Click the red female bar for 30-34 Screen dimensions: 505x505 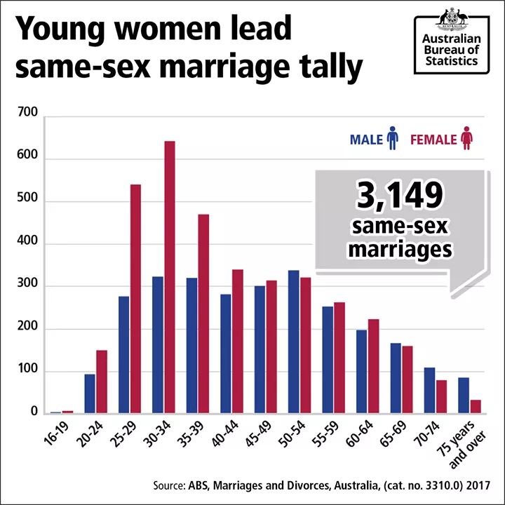coord(170,277)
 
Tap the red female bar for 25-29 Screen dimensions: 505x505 coord(135,299)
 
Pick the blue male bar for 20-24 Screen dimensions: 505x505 coord(90,393)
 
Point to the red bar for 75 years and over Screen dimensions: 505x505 coord(476,406)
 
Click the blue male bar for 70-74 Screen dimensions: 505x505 coord(430,390)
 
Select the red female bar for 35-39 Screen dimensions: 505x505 coord(203,314)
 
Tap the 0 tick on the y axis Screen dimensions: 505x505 coord(33,413)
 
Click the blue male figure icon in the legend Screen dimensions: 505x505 coord(393,138)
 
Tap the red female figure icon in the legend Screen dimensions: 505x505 coord(466,138)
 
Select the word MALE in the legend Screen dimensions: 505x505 coord(366,139)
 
